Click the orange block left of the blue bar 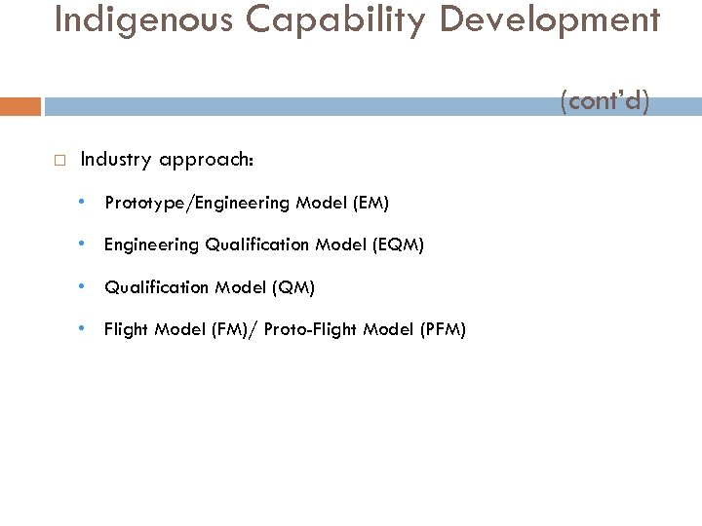20,106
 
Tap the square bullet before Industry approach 59,160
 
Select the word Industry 113,159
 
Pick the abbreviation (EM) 370,204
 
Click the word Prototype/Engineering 199,204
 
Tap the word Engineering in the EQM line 151,245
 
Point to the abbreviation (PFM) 444,329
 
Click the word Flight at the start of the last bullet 126,329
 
